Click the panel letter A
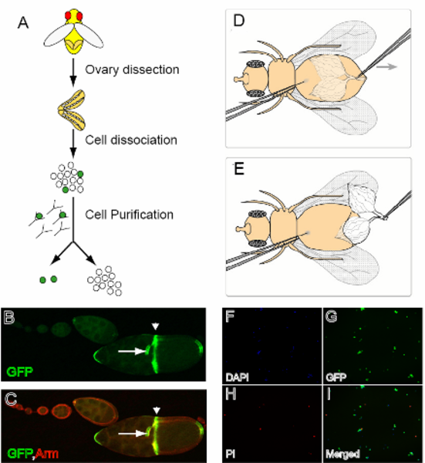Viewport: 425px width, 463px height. pyautogui.click(x=23, y=22)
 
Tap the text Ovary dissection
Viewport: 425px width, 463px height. pyautogui.click(x=132, y=69)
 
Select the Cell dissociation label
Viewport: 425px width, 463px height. pyautogui.click(x=131, y=140)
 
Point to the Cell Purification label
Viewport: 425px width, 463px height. pyautogui.click(x=130, y=215)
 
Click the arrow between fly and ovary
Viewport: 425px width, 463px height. pyautogui.click(x=73, y=73)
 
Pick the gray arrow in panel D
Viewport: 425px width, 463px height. pyautogui.click(x=387, y=66)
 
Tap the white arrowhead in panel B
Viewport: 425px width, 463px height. pyautogui.click(x=155, y=326)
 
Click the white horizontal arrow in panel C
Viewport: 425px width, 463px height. pyautogui.click(x=133, y=434)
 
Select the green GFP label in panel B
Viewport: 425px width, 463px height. pyautogui.click(x=19, y=371)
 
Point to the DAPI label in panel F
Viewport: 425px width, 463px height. pyautogui.click(x=237, y=377)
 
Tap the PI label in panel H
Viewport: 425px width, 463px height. pyautogui.click(x=230, y=454)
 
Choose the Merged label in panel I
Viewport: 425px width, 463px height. pyautogui.click(x=342, y=454)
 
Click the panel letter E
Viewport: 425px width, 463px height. pyautogui.click(x=239, y=169)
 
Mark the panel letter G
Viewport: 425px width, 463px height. pyautogui.click(x=331, y=316)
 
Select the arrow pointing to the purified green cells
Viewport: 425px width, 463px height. pyautogui.click(x=62, y=253)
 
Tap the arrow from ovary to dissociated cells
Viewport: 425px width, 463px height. pyautogui.click(x=73, y=144)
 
